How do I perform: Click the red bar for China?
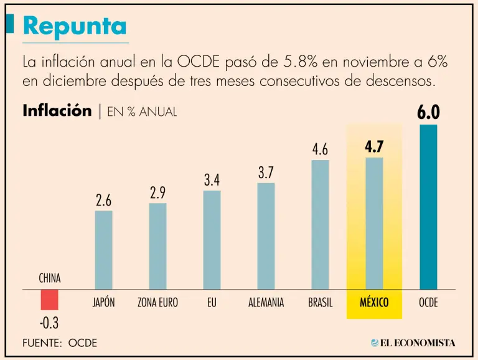click(x=50, y=300)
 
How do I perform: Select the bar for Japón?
click(x=103, y=249)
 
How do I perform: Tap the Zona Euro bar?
click(x=157, y=245)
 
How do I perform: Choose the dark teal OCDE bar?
click(x=428, y=207)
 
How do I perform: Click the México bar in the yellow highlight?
click(x=374, y=223)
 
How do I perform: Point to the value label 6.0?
click(x=428, y=113)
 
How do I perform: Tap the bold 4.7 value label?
click(x=374, y=147)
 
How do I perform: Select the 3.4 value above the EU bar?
click(x=212, y=181)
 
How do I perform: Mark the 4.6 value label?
click(x=320, y=150)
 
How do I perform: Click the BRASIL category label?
click(x=320, y=303)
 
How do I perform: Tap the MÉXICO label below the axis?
click(x=374, y=303)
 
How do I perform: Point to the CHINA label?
click(x=50, y=278)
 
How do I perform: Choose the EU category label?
click(x=212, y=303)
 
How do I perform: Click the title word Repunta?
click(x=75, y=26)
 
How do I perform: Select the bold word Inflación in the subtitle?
click(x=57, y=111)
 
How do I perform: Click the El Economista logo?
click(x=413, y=343)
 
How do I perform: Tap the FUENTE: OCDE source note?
click(x=60, y=343)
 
